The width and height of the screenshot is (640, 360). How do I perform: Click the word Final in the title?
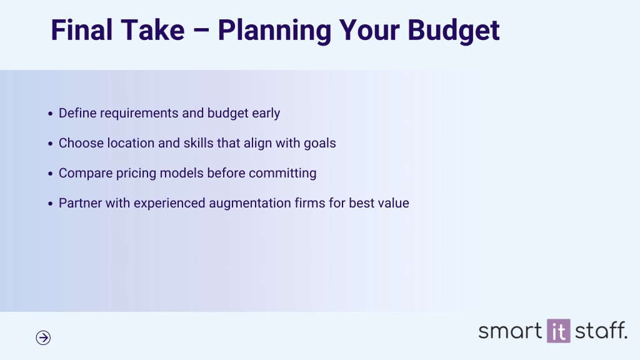[82, 30]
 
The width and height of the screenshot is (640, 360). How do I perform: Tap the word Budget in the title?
[454, 31]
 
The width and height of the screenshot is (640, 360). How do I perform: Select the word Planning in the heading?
[274, 31]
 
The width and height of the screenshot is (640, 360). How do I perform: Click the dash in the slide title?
[201, 31]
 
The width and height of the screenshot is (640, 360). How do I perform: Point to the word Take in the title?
[153, 30]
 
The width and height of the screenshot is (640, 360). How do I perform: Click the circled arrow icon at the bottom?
[43, 337]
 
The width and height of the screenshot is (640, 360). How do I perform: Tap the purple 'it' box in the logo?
[559, 331]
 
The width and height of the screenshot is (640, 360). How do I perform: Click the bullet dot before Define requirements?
[50, 114]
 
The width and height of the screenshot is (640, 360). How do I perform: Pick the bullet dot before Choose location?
[50, 144]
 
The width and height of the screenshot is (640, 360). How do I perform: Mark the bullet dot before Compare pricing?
[50, 174]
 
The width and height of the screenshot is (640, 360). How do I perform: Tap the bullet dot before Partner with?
[50, 204]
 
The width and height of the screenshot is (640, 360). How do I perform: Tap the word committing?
[282, 174]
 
